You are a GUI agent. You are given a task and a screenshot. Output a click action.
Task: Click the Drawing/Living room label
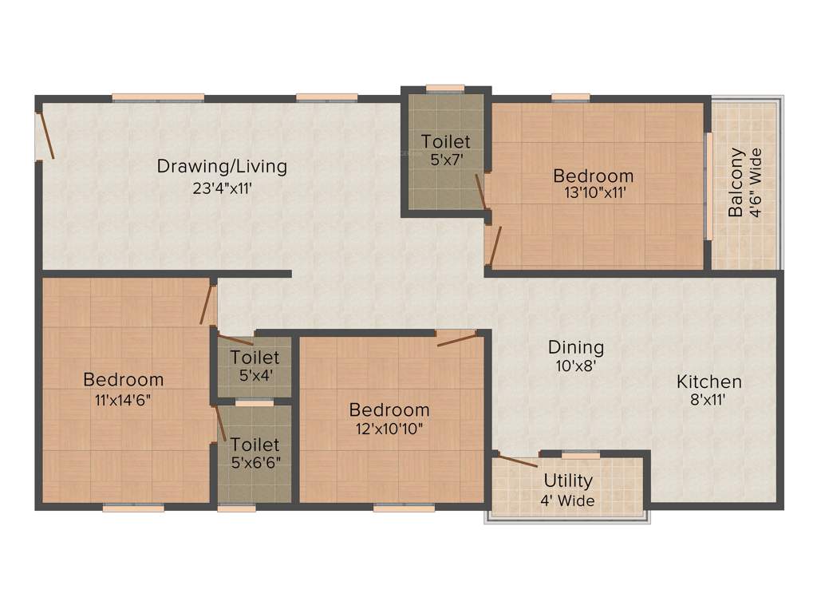(222, 167)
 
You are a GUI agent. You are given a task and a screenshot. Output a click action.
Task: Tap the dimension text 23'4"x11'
(222, 189)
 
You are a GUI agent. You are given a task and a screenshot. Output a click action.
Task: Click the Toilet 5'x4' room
(255, 365)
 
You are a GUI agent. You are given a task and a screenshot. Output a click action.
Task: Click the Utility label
(568, 481)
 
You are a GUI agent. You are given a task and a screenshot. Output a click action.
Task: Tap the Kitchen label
(709, 382)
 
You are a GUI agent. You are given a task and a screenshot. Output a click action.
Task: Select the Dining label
(575, 347)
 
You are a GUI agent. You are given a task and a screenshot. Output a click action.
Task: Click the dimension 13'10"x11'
(594, 192)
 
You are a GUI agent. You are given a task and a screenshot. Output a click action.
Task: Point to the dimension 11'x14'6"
(123, 400)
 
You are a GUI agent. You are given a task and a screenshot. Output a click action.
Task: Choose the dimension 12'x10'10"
(389, 429)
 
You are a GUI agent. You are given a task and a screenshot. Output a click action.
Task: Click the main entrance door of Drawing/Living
(46, 134)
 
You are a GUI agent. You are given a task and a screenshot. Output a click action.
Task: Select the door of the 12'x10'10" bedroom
(457, 338)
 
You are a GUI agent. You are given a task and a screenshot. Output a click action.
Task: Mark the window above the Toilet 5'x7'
(445, 89)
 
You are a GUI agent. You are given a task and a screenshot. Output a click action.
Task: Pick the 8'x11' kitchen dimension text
(709, 401)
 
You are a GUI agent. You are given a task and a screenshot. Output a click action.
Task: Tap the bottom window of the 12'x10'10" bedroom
(393, 507)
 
